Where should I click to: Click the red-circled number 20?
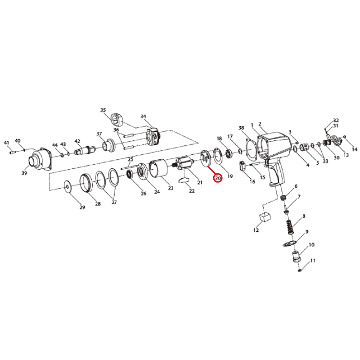click(218, 178)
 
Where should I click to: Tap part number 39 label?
click(24, 173)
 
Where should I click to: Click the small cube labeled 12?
click(265, 217)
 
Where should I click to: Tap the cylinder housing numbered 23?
click(159, 169)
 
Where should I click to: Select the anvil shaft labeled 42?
click(85, 150)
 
